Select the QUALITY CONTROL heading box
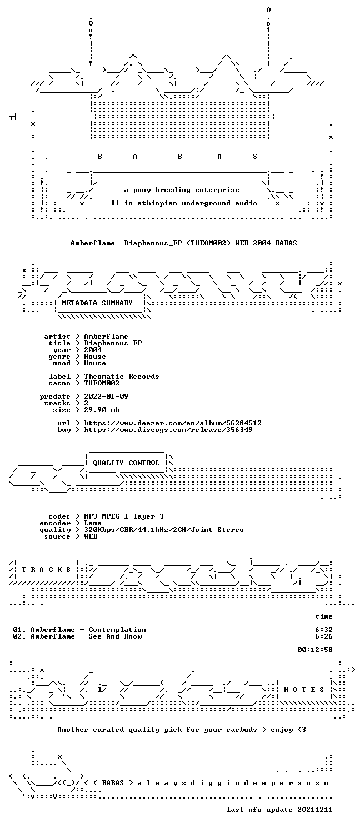[127, 463]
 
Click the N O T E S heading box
[304, 690]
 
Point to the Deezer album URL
[173, 423]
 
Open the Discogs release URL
[168, 430]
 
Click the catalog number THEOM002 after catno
[102, 383]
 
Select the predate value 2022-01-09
[106, 397]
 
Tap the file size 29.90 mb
[102, 410]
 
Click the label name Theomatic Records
[121, 377]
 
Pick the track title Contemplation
[117, 630]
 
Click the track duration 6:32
[323, 630]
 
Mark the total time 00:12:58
[314, 650]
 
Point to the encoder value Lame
[93, 523]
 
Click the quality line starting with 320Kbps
[164, 530]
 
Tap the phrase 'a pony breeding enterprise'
[182, 190]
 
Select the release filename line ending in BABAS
[184, 243]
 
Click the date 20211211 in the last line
[314, 810]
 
